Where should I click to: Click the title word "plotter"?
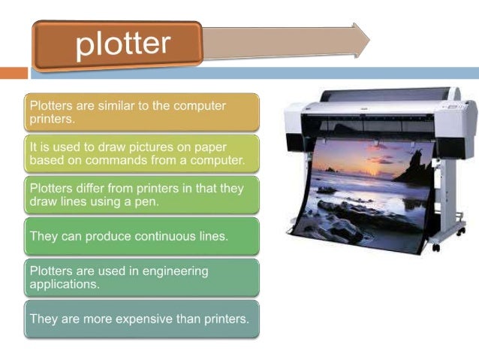(x=123, y=43)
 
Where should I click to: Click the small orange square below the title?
(x=13, y=73)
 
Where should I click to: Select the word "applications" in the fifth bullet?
(x=64, y=284)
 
